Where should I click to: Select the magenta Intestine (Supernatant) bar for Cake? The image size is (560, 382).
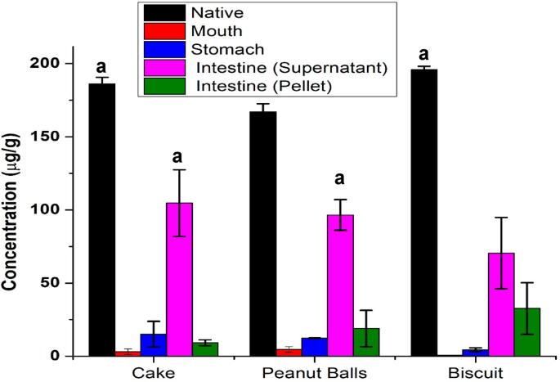(x=179, y=279)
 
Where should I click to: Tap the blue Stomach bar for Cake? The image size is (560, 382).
(x=153, y=344)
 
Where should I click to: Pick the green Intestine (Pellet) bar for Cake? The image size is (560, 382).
(x=205, y=349)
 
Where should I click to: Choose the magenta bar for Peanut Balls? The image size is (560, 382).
(x=340, y=285)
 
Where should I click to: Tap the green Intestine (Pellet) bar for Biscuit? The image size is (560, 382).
(x=527, y=332)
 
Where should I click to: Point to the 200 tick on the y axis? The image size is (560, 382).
(x=54, y=64)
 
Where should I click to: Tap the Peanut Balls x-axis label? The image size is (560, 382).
(x=314, y=373)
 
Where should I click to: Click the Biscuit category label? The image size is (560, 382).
(x=476, y=373)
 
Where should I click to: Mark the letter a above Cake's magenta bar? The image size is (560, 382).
(x=179, y=156)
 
